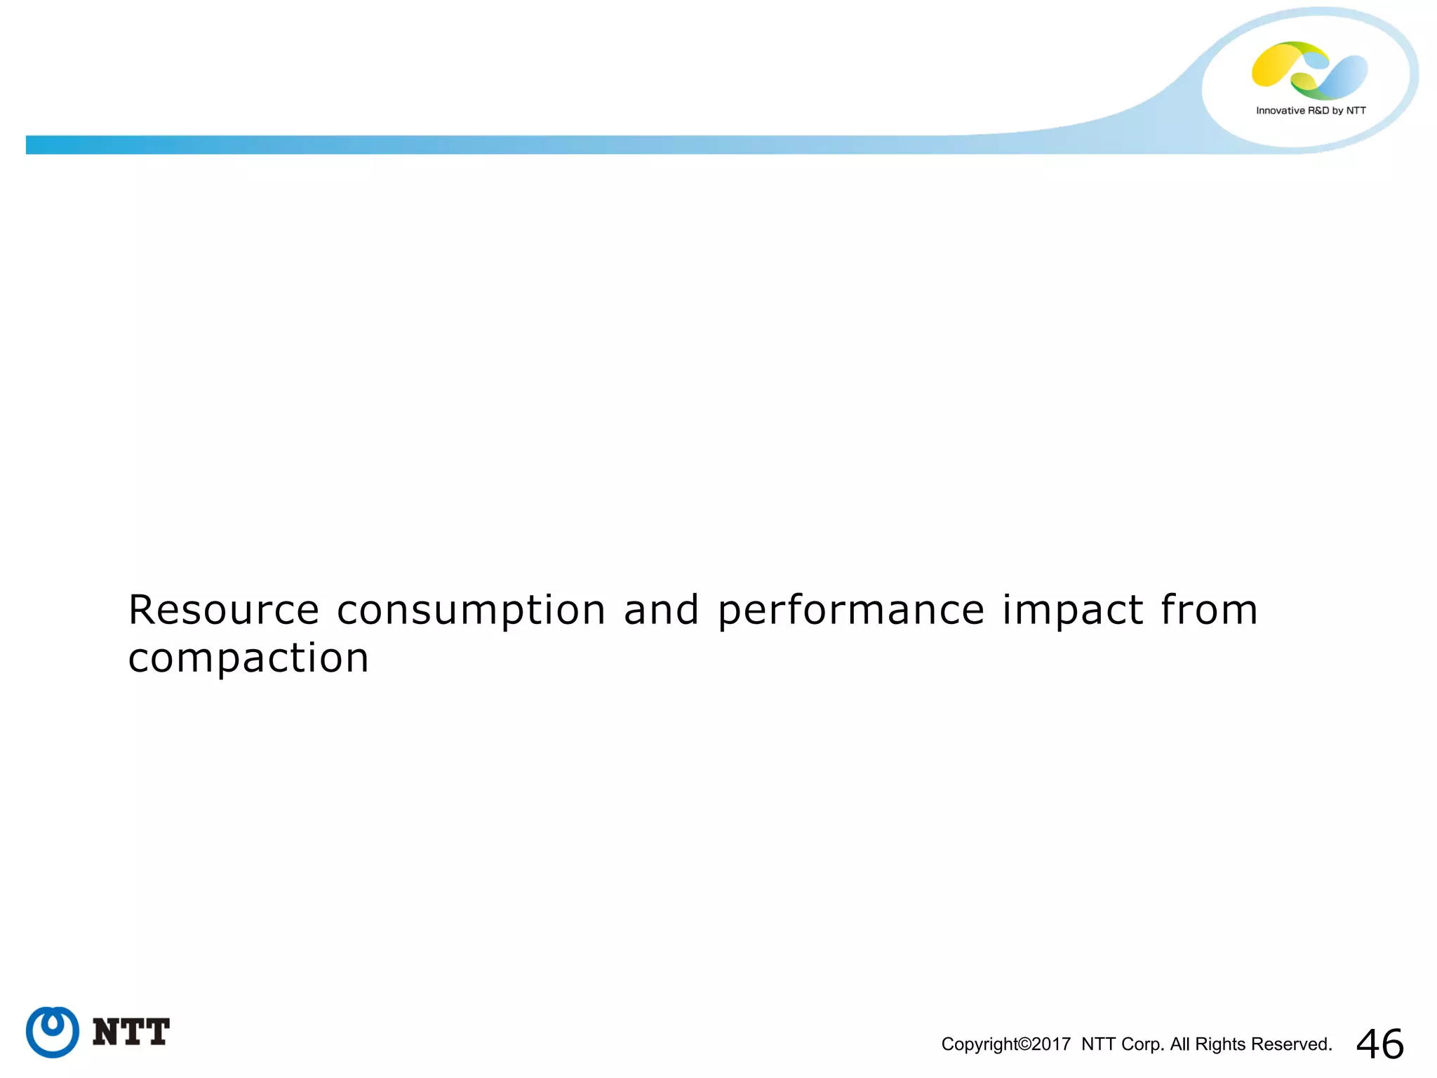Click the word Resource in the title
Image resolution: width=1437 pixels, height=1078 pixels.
click(x=223, y=609)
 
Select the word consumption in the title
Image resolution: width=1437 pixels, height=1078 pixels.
click(x=471, y=611)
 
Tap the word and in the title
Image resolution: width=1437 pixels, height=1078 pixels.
click(x=661, y=609)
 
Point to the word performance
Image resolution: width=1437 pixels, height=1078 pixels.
click(x=850, y=611)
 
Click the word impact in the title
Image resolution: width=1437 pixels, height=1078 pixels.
click(x=1073, y=611)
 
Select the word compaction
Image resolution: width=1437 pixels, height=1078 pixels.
click(x=248, y=659)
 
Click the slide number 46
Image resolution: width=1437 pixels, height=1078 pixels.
click(x=1379, y=1044)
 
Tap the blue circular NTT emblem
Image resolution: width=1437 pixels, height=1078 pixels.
click(x=53, y=1032)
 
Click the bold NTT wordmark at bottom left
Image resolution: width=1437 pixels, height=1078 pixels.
click(x=131, y=1032)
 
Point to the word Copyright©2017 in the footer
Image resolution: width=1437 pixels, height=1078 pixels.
click(x=1005, y=1044)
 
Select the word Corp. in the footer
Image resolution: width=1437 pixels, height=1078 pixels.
click(x=1142, y=1044)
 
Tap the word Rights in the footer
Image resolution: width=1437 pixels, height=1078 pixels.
click(x=1219, y=1044)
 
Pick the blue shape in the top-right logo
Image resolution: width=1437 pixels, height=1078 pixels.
click(x=1344, y=76)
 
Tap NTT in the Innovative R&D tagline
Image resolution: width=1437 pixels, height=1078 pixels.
click(x=1356, y=111)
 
